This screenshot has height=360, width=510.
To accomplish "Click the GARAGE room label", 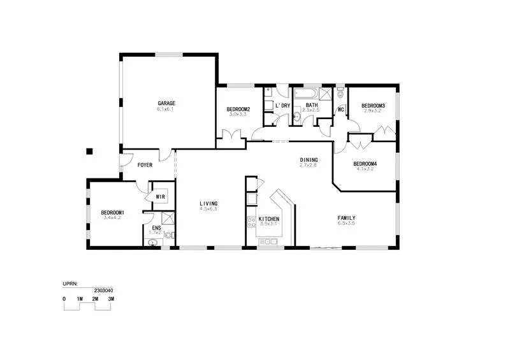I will click(166, 103).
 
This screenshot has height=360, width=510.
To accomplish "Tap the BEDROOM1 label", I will click(112, 212).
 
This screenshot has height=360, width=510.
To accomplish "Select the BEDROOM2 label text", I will click(238, 110).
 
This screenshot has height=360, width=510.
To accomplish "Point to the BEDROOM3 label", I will click(373, 105).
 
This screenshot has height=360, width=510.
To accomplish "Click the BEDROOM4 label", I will click(365, 164).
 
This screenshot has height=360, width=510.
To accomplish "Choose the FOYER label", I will click(145, 165).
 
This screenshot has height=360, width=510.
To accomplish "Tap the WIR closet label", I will click(160, 197).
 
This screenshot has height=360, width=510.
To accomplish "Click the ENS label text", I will click(156, 228).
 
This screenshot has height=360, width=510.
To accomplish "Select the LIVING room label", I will click(208, 203).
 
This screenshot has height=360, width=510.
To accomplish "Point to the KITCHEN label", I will click(268, 219).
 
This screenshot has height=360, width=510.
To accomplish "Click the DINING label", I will click(309, 160).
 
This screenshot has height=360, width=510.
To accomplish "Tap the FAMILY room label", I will click(346, 218).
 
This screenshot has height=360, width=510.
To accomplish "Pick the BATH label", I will click(311, 105).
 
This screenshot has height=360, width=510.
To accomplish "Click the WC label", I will click(340, 110).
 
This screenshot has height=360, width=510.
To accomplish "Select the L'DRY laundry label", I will click(282, 105).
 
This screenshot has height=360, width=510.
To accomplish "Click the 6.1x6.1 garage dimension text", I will click(166, 110).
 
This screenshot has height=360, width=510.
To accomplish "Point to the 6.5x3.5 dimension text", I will click(346, 224).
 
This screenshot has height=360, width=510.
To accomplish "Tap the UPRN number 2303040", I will click(103, 290).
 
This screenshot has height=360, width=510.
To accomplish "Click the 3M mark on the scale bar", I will click(111, 299).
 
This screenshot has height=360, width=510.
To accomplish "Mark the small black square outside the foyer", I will click(90, 151).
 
